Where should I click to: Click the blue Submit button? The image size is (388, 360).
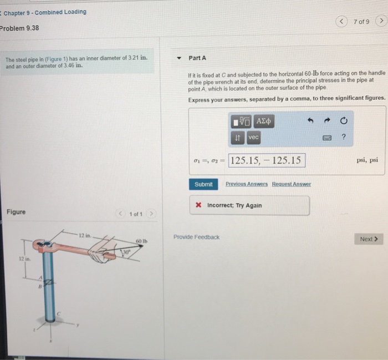point(203,184)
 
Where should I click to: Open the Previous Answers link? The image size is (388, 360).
point(246,184)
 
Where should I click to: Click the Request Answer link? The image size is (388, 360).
point(291,184)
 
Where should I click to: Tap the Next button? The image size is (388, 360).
point(369,239)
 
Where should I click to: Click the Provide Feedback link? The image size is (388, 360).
point(196,237)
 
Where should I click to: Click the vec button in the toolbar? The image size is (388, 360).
point(253,137)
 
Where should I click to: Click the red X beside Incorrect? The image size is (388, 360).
point(198,205)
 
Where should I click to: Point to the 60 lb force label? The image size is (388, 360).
point(141,241)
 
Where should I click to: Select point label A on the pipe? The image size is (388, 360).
point(40,278)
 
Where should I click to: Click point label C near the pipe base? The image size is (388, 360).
point(58,315)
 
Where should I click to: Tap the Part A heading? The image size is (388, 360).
point(197,58)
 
